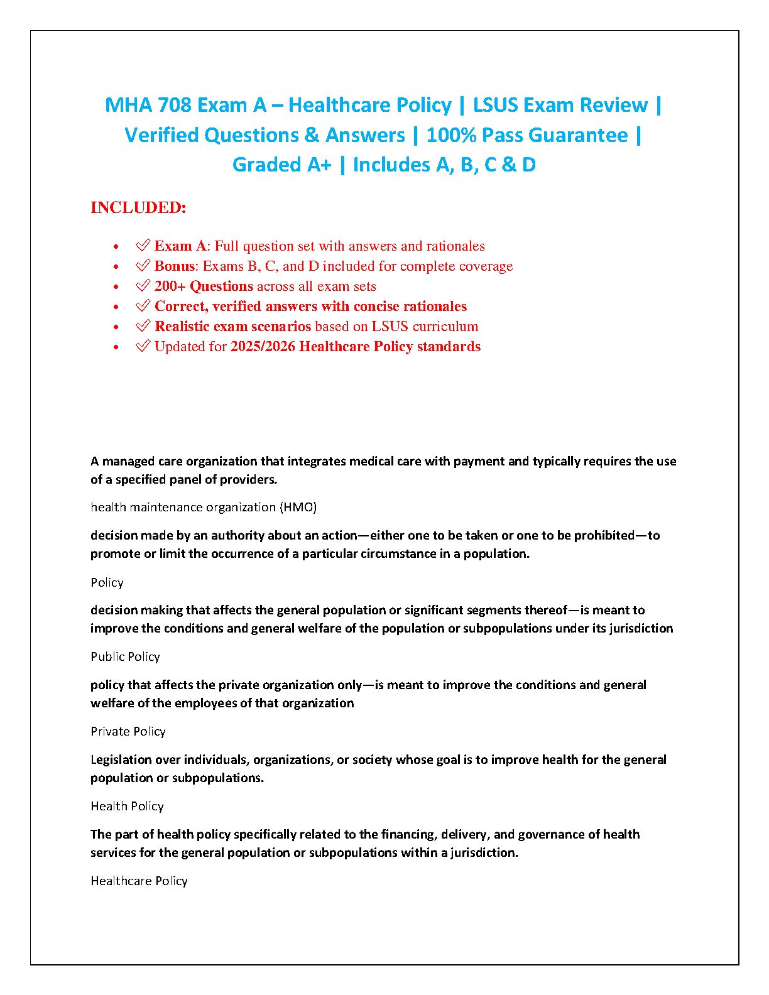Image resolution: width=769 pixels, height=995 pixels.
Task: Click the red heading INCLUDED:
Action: click(138, 208)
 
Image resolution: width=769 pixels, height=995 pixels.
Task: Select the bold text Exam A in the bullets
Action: click(180, 246)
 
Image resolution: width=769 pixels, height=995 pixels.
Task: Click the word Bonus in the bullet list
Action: click(175, 266)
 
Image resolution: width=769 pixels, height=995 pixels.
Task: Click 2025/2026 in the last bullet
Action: click(263, 347)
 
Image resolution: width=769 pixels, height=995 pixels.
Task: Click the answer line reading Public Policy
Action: click(125, 656)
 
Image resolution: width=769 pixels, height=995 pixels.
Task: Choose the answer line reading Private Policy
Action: click(128, 731)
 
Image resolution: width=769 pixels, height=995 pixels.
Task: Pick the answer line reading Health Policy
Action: click(127, 806)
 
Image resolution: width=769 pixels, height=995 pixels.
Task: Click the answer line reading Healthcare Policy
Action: click(139, 881)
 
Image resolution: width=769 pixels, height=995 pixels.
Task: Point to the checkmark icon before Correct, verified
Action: click(143, 306)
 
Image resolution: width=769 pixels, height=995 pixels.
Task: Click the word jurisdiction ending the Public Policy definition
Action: click(641, 628)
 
